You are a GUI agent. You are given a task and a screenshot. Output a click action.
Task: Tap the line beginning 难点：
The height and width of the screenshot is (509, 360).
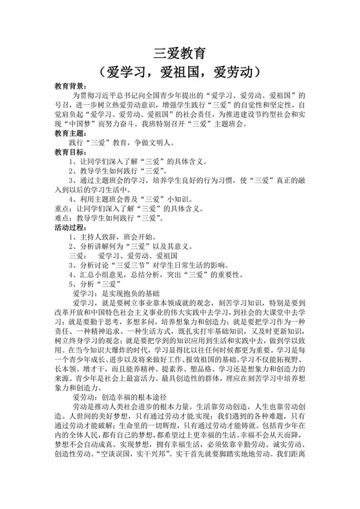[x=116, y=218]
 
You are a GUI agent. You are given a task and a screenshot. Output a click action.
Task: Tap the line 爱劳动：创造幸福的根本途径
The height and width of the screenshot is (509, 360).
[x=129, y=418]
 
